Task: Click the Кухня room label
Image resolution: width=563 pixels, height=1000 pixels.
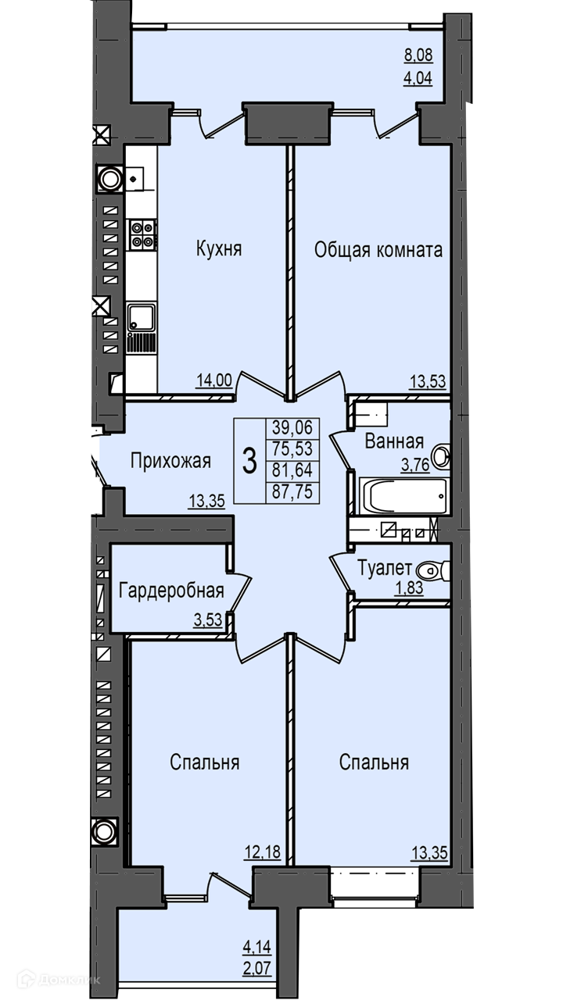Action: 219,248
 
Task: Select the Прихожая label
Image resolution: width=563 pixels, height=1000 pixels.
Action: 170,461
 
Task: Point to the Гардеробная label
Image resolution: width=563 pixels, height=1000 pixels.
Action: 171,591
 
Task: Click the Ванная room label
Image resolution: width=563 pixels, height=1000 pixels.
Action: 394,441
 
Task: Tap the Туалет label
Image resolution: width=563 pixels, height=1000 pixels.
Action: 385,568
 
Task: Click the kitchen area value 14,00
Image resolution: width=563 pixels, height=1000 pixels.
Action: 214,380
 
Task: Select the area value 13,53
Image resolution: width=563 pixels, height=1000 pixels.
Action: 428,382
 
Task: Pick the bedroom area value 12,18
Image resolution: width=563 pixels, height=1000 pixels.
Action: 262,852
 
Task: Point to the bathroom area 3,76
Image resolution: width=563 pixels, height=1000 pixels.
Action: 415,465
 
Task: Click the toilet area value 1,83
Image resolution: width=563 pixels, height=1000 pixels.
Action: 408,588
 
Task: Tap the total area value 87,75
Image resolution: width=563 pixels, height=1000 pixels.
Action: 292,492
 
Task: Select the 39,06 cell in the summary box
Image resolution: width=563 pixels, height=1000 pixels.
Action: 292,427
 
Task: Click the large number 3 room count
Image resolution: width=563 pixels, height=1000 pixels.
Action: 249,461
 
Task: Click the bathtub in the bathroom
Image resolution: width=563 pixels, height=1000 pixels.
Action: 403,496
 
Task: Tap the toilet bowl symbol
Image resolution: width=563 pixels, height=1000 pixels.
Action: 432,570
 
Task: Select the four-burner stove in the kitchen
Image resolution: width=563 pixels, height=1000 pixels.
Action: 142,235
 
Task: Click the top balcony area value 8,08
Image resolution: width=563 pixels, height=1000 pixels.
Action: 418,56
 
